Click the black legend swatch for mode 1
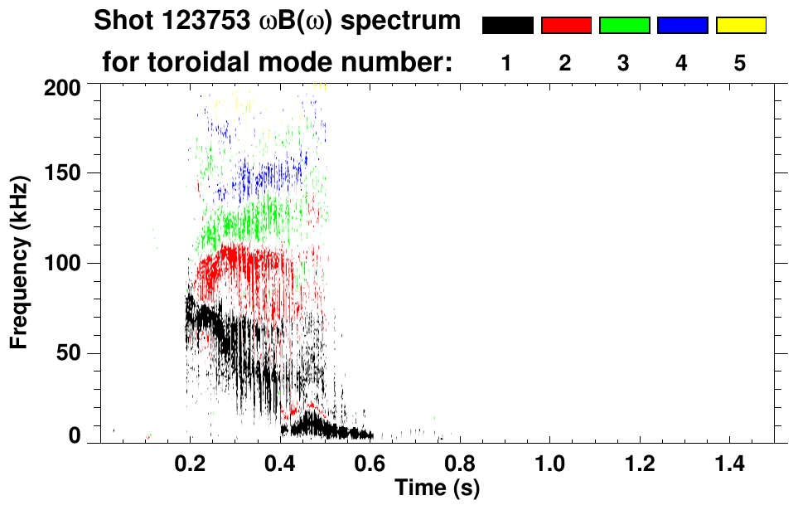click(x=507, y=26)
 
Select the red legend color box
click(x=566, y=26)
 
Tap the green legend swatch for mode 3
click(x=624, y=26)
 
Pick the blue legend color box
click(x=682, y=26)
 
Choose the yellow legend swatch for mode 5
click(x=741, y=26)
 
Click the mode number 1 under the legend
click(x=506, y=62)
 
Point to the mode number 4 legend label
click(x=682, y=62)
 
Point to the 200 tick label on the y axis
click(x=64, y=85)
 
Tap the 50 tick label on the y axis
click(x=69, y=353)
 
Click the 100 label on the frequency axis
click(x=64, y=263)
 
